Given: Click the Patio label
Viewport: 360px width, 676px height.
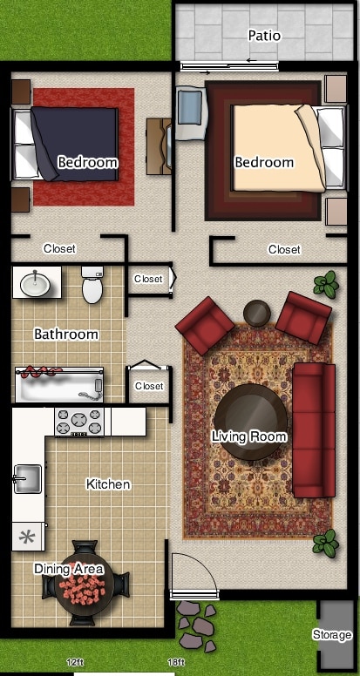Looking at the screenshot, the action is coord(264,36).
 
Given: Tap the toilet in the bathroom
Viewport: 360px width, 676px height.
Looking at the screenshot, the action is coord(92,285).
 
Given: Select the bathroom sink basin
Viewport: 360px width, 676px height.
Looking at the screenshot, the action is coord(35,283).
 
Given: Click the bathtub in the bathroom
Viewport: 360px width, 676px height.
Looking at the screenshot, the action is coord(58,384).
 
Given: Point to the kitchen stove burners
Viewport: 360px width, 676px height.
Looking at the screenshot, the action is coord(79,422).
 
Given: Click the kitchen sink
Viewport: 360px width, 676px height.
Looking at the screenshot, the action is coord(28,478).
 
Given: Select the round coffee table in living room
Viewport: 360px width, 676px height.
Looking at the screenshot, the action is coord(251,422).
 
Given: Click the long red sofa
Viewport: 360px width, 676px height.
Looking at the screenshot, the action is coord(314,429).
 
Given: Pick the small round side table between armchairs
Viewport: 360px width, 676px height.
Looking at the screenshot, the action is coord(257,312).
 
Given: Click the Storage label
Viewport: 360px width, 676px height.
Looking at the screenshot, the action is coord(332,634).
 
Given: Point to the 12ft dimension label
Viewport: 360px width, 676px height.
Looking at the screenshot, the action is coord(75,662).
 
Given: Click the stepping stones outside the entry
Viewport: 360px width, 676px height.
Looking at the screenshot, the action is coord(197,625).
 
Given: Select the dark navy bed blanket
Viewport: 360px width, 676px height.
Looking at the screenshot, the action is coord(75,144).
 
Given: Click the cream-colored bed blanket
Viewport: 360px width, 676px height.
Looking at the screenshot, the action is coord(278,147).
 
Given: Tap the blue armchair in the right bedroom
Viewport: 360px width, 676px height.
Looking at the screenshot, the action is coord(191,113).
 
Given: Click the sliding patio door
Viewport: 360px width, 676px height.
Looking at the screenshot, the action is coord(229,66).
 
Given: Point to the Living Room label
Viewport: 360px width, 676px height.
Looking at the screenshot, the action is coord(248,436).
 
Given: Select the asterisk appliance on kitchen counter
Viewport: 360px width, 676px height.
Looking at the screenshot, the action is coord(28,537).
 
